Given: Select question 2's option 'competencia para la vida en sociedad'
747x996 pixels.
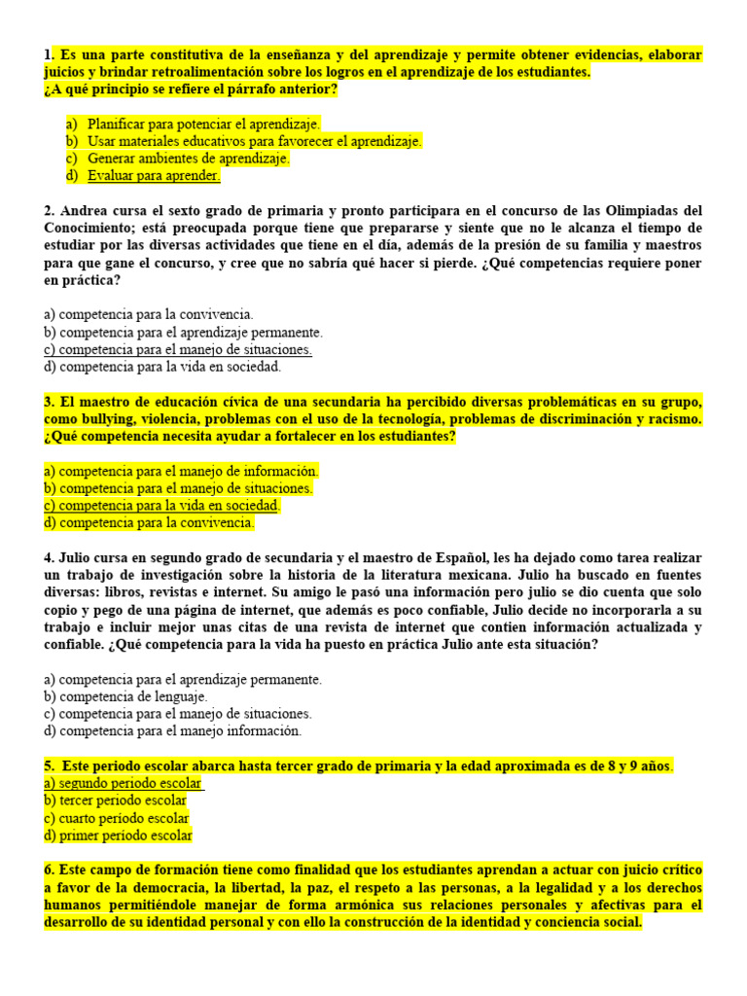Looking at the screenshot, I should point(162,367).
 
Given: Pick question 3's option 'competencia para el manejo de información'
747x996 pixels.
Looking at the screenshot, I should point(182,471).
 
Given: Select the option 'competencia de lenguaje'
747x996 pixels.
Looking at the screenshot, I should point(126,696).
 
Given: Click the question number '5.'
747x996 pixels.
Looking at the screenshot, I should point(50,766).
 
